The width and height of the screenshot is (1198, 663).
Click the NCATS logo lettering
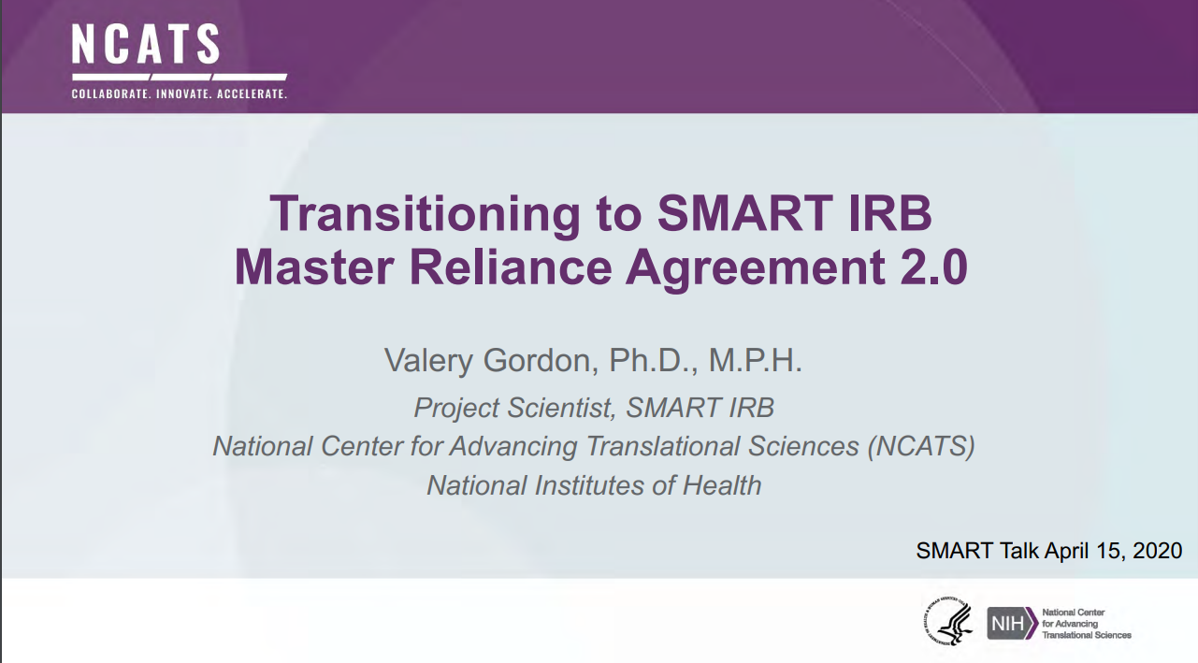click(146, 45)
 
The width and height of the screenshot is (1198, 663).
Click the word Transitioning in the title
click(426, 215)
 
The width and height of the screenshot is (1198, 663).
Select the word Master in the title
click(314, 267)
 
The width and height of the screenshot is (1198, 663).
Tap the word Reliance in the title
click(511, 267)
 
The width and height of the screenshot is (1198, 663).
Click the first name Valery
click(429, 361)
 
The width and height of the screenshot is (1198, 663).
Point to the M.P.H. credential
click(755, 361)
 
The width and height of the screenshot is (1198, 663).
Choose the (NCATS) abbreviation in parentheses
click(921, 446)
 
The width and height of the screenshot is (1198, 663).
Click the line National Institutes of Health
click(594, 485)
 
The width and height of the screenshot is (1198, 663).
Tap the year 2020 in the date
click(1157, 550)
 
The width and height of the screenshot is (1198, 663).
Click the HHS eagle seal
click(947, 621)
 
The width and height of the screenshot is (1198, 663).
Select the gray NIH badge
click(1013, 623)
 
